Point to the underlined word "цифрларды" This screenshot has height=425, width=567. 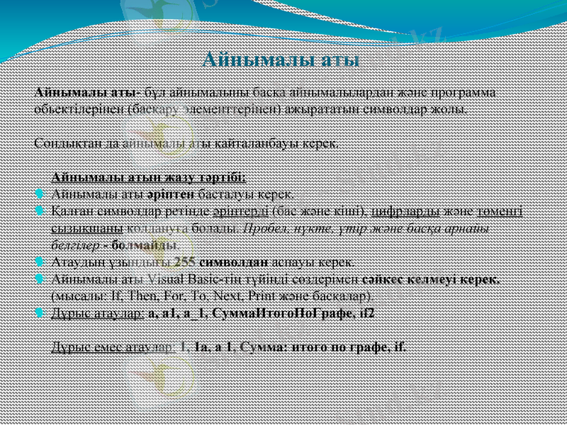tap(403, 211)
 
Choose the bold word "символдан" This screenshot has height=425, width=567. tap(230, 261)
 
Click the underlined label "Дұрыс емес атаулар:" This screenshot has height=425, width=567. tap(111, 346)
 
